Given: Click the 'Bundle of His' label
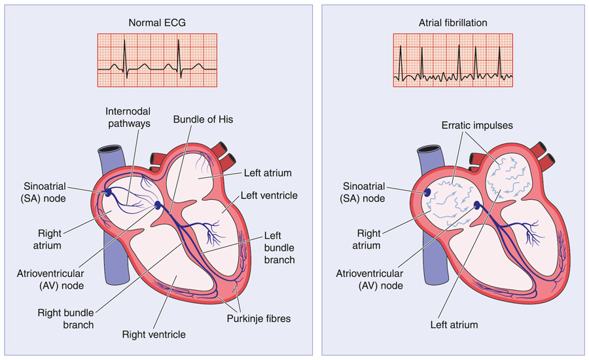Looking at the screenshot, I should pyautogui.click(x=203, y=120).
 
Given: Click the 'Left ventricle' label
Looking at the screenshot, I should pyautogui.click(x=269, y=195).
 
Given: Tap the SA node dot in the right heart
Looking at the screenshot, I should pyautogui.click(x=427, y=192).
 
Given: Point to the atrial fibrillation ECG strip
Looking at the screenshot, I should pyautogui.click(x=453, y=60).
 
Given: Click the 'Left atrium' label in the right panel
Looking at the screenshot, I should pyautogui.click(x=454, y=325).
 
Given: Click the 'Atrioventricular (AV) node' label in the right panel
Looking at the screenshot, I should pyautogui.click(x=372, y=278).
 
